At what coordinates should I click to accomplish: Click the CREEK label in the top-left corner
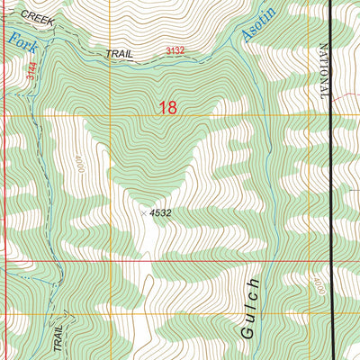coord(38,17)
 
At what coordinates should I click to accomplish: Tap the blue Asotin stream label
coord(258,22)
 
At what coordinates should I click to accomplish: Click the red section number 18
coord(167,109)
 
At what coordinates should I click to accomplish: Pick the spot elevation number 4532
coord(161,213)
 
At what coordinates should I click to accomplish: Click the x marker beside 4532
coord(143,213)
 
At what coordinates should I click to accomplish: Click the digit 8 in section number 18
coord(172,109)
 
